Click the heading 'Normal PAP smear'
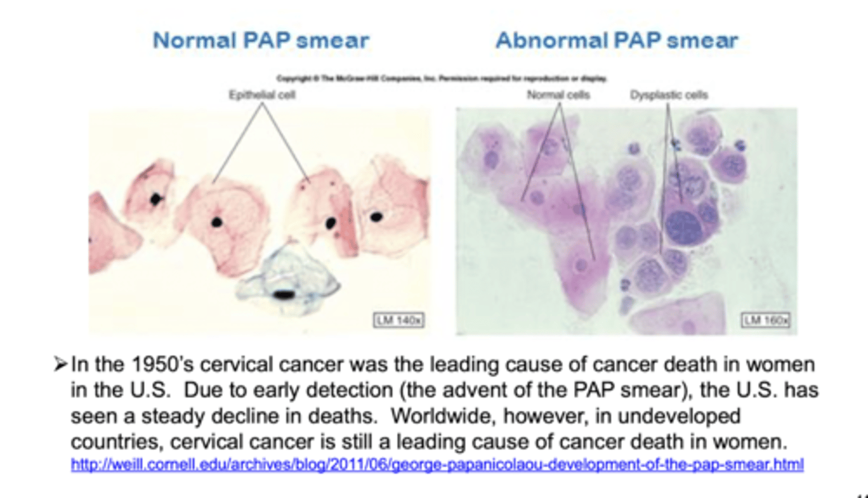coord(260,41)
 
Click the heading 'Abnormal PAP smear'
coord(616,41)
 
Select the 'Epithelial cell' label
coord(262,95)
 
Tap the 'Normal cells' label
coord(558,95)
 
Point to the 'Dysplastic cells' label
coord(669,95)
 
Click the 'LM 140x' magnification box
coord(398,320)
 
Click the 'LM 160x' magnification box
coord(766,320)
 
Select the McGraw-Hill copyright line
coord(442,79)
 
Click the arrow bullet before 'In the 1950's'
coord(60,365)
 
